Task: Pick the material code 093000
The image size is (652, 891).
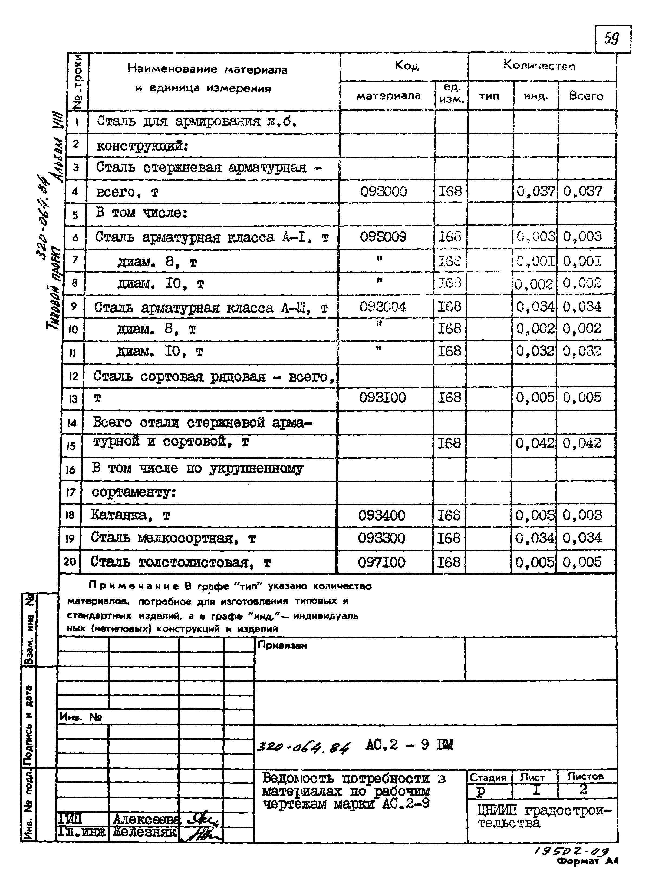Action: click(x=383, y=192)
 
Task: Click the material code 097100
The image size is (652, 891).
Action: click(x=381, y=562)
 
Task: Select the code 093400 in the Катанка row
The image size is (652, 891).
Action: click(x=381, y=515)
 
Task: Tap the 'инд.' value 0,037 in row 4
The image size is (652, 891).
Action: click(x=535, y=192)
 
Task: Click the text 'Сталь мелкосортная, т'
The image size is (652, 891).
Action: click(x=173, y=538)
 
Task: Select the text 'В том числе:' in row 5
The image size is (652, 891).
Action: click(x=141, y=213)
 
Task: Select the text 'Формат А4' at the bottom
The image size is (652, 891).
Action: click(x=587, y=862)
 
